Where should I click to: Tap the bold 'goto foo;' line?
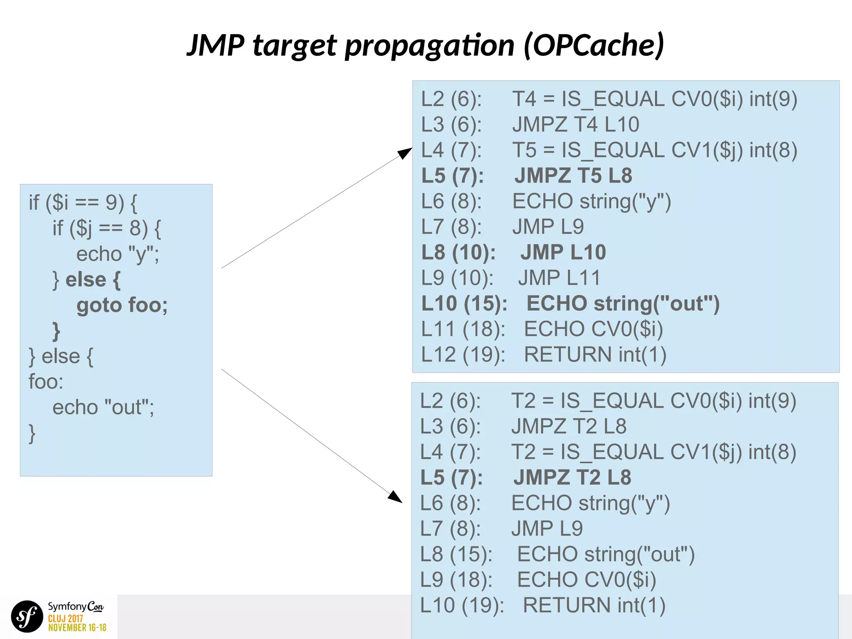click(122, 305)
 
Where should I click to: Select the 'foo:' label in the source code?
click(46, 382)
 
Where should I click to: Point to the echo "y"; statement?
click(117, 254)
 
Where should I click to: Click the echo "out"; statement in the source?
click(103, 407)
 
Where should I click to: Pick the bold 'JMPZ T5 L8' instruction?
click(573, 176)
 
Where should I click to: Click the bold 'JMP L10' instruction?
click(563, 253)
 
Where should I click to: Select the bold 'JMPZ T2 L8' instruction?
click(572, 478)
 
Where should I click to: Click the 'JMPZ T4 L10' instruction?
click(575, 124)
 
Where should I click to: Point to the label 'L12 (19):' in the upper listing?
click(463, 355)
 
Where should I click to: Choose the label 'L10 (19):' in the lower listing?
click(462, 605)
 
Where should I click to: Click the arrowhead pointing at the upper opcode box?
click(404, 153)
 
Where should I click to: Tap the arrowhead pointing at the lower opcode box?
click(395, 497)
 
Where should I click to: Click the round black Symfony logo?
click(27, 617)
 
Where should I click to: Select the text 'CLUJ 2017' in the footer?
click(65, 619)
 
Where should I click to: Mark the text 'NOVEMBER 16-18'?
click(77, 628)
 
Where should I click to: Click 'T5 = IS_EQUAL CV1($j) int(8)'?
click(654, 150)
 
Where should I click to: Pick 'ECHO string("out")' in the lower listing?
click(605, 555)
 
